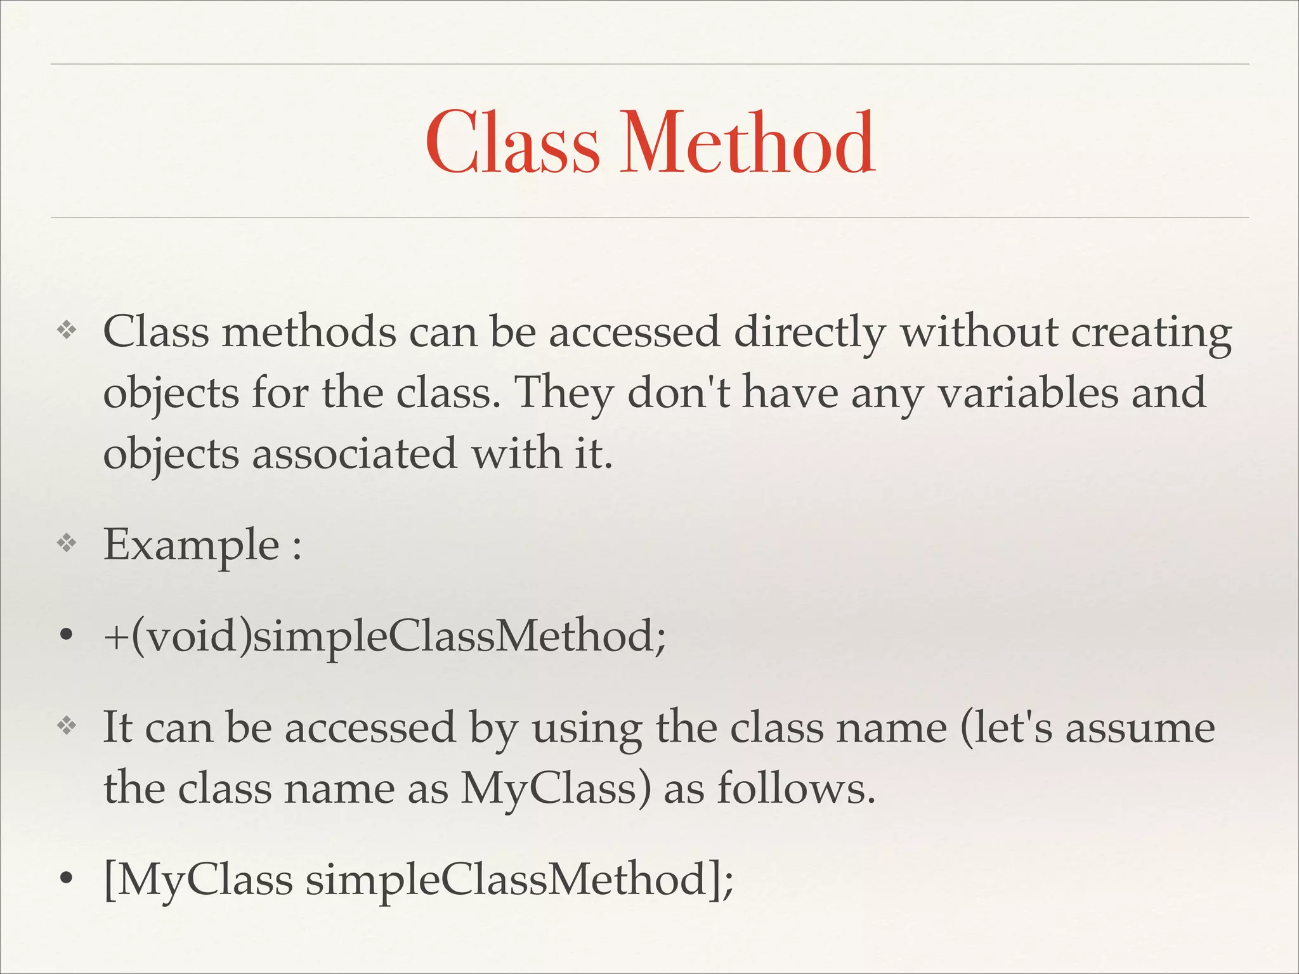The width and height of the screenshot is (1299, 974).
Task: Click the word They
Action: [x=565, y=393]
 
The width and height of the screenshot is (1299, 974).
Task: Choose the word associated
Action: [x=354, y=453]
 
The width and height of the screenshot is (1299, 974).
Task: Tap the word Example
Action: [x=191, y=545]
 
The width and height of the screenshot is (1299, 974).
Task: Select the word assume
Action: [x=1140, y=727]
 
